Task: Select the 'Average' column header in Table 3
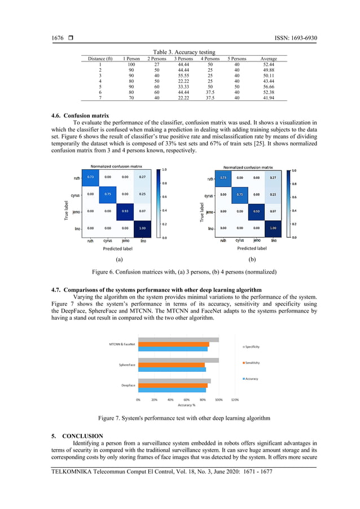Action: [x=268, y=58]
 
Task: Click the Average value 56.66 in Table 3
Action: [x=268, y=86]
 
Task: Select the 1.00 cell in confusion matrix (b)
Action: [x=273, y=228]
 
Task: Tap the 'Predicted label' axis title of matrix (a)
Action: [x=117, y=248]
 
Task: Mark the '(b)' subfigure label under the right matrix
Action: [x=252, y=260]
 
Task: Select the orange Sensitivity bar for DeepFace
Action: [x=172, y=385]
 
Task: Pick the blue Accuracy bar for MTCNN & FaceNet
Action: [x=173, y=349]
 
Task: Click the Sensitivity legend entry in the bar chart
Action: [x=251, y=363]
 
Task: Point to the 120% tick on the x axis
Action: [x=235, y=400]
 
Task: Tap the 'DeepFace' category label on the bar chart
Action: [x=128, y=385]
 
